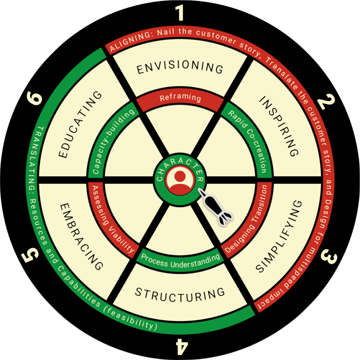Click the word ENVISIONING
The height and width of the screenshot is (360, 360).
point(180,68)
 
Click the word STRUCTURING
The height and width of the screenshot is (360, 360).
point(180,293)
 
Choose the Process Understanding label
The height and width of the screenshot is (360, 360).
point(180,261)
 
